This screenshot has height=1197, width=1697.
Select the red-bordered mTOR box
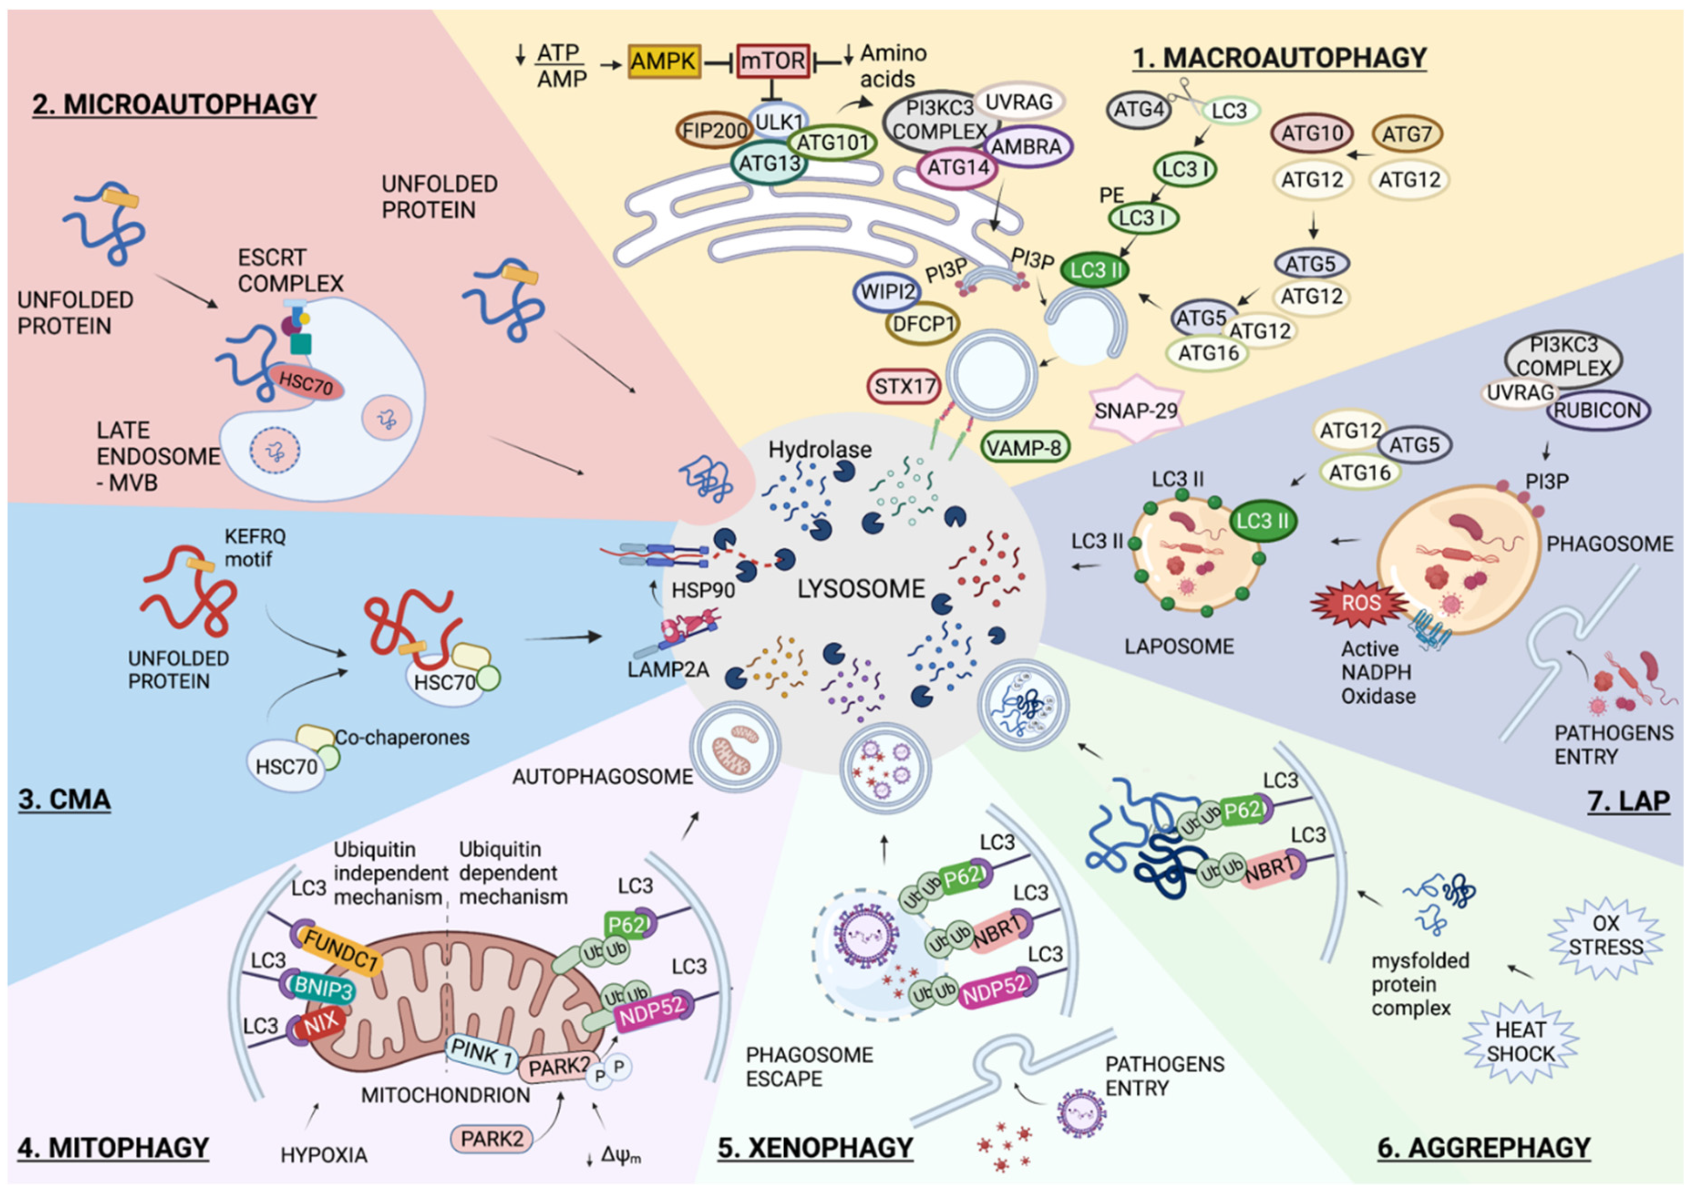[772, 60]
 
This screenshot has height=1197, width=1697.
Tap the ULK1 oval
[778, 121]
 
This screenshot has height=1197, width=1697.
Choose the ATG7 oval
[1406, 134]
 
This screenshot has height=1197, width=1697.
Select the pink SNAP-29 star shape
[1135, 410]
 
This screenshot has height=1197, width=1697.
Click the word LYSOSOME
[860, 589]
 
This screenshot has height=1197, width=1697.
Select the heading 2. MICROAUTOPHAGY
[175, 104]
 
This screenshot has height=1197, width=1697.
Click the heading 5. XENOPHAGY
[815, 1148]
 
